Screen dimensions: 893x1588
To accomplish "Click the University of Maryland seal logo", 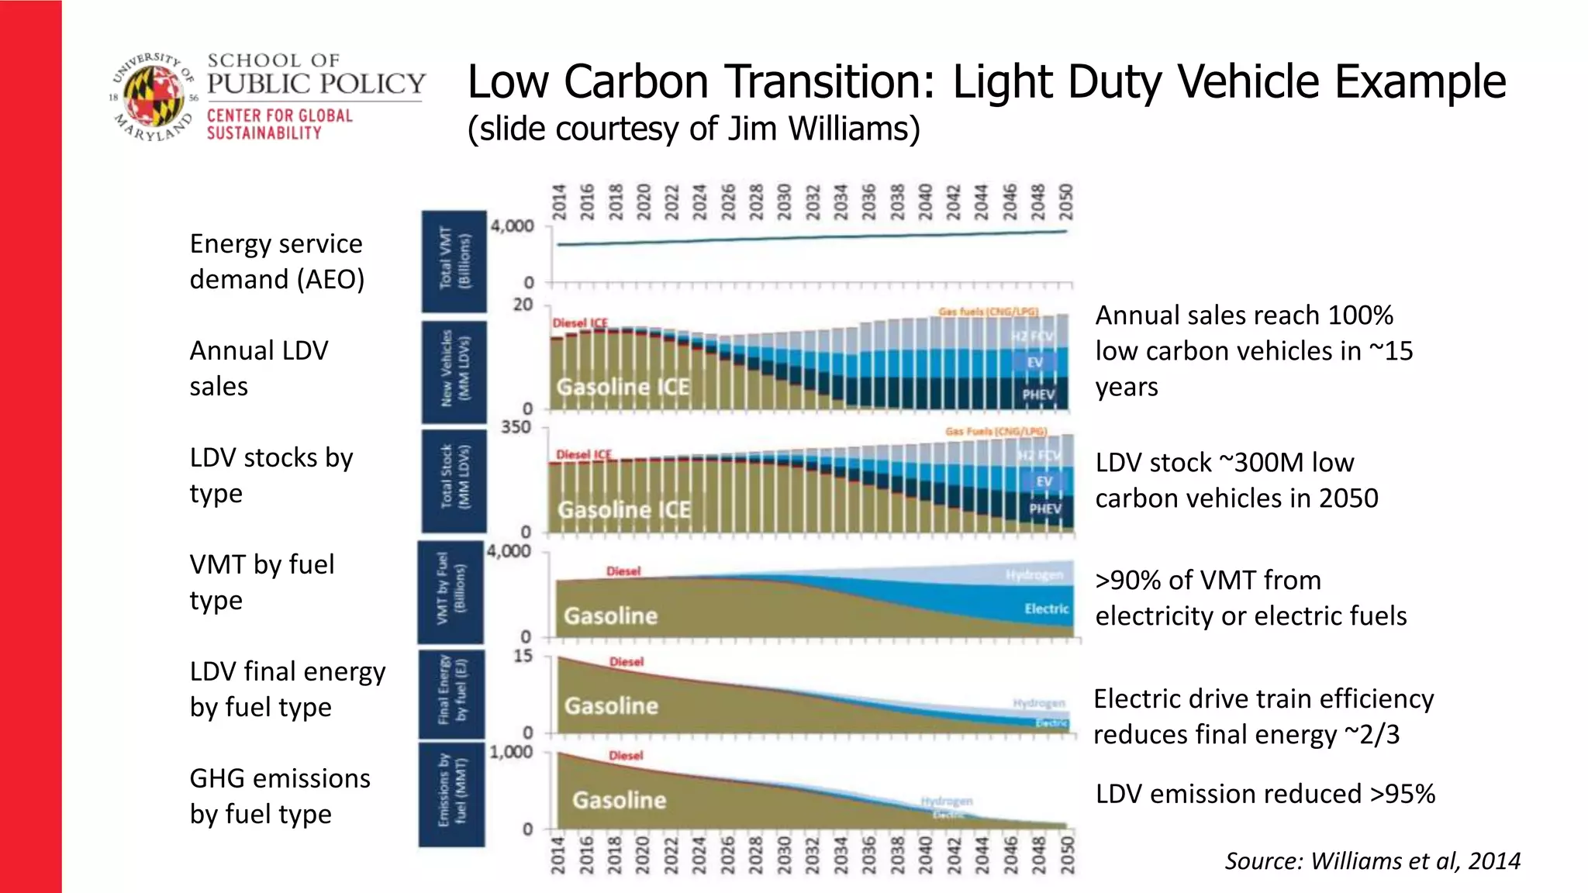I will [153, 97].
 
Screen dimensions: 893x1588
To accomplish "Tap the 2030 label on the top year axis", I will [784, 202].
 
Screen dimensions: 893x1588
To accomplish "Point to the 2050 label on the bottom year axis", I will [1067, 855].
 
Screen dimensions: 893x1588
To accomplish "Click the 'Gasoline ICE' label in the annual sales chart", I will [623, 386].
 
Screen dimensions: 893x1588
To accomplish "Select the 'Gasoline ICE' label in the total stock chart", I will [624, 509].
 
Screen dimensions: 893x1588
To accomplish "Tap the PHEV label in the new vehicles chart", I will [1038, 395].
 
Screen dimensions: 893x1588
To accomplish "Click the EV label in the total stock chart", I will [1044, 481].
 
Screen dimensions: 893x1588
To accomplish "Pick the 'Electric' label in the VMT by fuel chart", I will [1046, 609].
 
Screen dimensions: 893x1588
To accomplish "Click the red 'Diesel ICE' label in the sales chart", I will [580, 322].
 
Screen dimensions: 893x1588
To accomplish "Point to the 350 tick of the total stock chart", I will [516, 427].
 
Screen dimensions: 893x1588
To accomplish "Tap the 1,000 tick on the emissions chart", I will [511, 752].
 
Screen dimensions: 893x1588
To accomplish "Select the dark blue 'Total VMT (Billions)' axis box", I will [454, 260].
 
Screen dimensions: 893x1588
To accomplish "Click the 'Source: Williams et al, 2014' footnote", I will [1372, 860].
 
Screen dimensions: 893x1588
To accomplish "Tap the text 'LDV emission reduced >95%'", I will [1265, 794].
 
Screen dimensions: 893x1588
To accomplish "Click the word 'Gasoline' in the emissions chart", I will [619, 800].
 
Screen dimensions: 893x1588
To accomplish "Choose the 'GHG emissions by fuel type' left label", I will [280, 796].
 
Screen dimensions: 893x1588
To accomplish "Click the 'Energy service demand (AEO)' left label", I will [277, 261].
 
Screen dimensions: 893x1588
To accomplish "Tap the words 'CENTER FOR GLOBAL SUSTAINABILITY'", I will [279, 124].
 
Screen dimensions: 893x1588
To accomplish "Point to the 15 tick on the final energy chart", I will [523, 656].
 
